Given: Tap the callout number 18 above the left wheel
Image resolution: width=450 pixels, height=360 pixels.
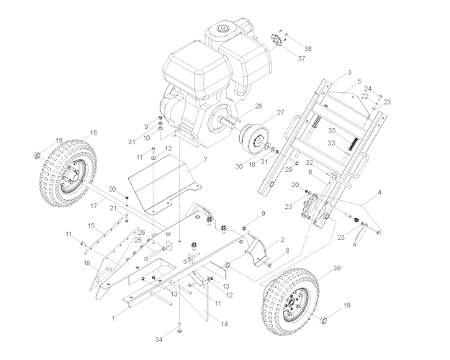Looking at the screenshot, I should tap(93, 133).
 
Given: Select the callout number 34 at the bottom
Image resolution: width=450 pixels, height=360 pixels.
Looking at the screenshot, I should tap(159, 338).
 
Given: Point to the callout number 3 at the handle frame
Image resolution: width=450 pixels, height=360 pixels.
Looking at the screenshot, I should tap(349, 73).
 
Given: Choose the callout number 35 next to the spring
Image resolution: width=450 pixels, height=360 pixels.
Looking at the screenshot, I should tap(333, 130).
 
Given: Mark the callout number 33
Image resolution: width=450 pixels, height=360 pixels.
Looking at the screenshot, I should tap(333, 143).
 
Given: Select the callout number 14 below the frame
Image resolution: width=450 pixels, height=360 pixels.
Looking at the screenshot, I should tap(224, 325).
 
